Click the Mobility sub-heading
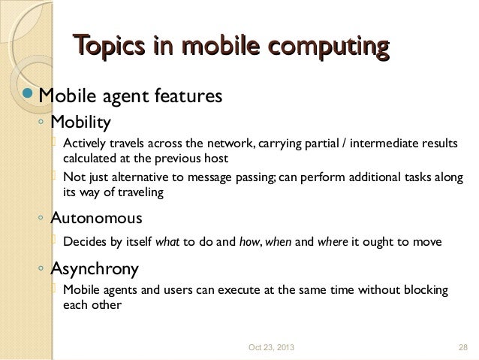tap(80, 121)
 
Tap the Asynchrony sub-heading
tap(94, 268)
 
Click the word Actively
tap(85, 144)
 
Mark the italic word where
tap(331, 242)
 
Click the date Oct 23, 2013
tap(272, 346)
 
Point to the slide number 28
tap(462, 346)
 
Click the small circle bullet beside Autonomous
tap(41, 219)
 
